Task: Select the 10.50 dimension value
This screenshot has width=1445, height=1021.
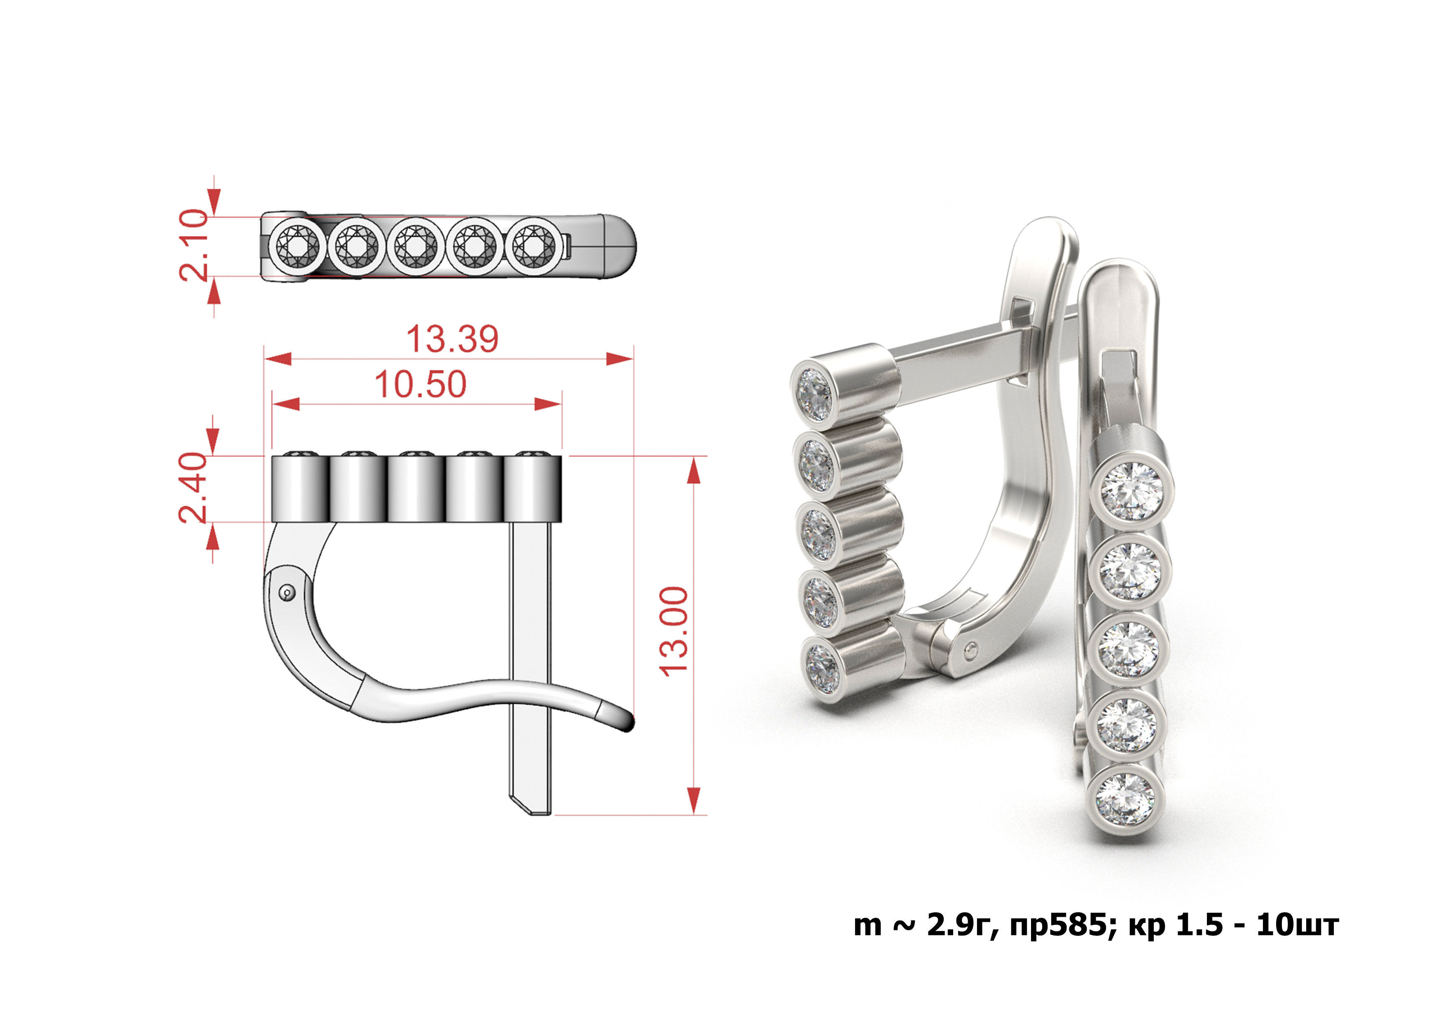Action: pyautogui.click(x=420, y=385)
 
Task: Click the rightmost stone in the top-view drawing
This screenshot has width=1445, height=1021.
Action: pyautogui.click(x=533, y=246)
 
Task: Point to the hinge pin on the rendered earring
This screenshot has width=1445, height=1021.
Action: pyautogui.click(x=973, y=648)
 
